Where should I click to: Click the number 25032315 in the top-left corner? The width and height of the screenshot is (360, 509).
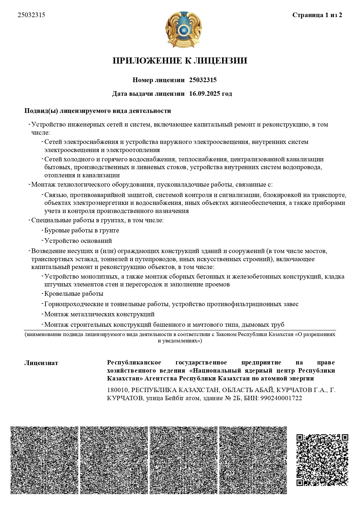tap(31, 15)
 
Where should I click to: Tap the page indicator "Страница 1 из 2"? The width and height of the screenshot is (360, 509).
tap(317, 15)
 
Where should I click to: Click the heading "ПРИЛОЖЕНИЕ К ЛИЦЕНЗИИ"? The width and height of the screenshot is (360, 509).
tap(180, 61)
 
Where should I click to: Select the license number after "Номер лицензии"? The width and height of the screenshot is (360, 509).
tap(203, 80)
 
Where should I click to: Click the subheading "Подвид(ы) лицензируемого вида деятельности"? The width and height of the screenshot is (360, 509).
tap(98, 111)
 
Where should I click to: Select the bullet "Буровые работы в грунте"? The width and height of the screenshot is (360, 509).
tap(82, 230)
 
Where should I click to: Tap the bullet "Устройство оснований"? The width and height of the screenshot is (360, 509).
tap(78, 241)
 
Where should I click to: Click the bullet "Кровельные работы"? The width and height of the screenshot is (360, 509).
tap(74, 294)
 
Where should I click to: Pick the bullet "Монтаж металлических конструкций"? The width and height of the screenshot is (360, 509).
tap(99, 314)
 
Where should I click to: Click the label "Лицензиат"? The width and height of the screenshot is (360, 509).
tap(41, 363)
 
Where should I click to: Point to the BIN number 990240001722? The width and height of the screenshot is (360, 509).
tap(281, 398)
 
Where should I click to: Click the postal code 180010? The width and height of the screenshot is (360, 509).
tap(117, 390)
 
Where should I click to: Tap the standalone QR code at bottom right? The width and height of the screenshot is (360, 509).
tap(322, 460)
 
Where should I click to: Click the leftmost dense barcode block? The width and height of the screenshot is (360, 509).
tap(44, 460)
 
